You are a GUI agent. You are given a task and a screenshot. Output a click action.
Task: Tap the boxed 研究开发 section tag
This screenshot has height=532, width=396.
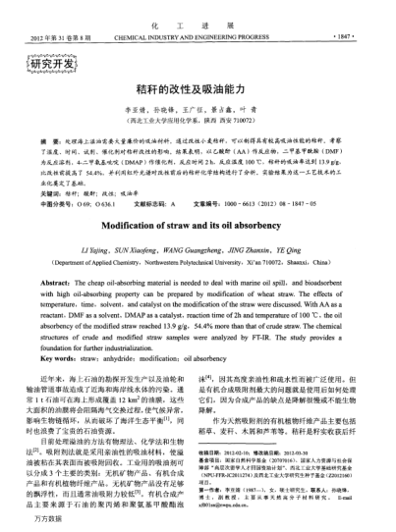[39, 66]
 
